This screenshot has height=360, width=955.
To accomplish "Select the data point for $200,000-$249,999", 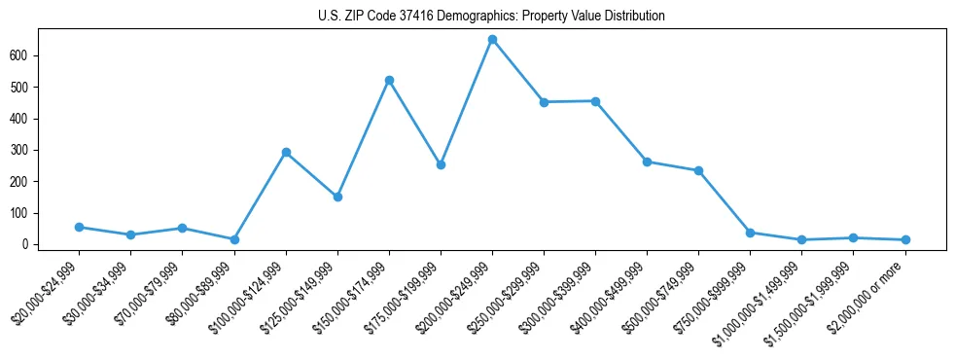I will point(492,40).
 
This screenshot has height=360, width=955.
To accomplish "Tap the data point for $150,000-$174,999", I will point(389,80).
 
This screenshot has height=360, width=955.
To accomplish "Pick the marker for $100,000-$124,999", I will point(286,152).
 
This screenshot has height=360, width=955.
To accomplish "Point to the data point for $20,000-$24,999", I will point(79,227).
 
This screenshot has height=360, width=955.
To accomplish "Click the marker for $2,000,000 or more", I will point(905,239).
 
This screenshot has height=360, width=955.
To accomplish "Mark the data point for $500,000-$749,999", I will point(698,170).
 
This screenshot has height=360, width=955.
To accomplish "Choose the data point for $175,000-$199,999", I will point(441,164).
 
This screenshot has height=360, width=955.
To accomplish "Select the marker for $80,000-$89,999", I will point(234,239).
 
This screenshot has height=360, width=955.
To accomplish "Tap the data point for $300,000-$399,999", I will point(595,101).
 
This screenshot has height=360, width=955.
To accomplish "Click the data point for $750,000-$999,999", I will point(750,233).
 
